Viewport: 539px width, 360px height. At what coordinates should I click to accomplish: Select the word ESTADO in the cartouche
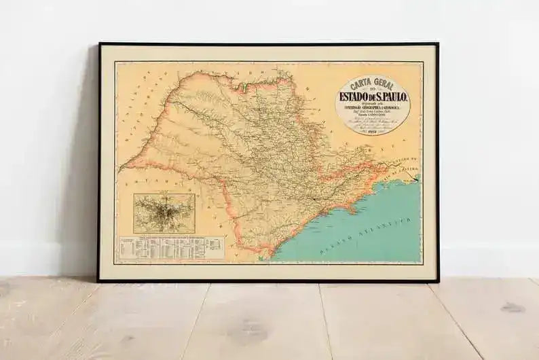pos(356,96)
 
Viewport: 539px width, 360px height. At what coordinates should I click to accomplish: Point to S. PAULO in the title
pos(394,96)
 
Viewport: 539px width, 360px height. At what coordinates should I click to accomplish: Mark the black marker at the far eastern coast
pos(415,179)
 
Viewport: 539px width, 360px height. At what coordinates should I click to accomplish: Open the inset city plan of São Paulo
pos(164,213)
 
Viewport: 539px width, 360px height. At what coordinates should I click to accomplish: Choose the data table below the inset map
pos(170,249)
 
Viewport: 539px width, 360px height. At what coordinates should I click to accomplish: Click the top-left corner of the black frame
pos(99,44)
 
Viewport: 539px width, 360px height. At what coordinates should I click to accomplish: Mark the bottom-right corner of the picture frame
pos(438,281)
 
